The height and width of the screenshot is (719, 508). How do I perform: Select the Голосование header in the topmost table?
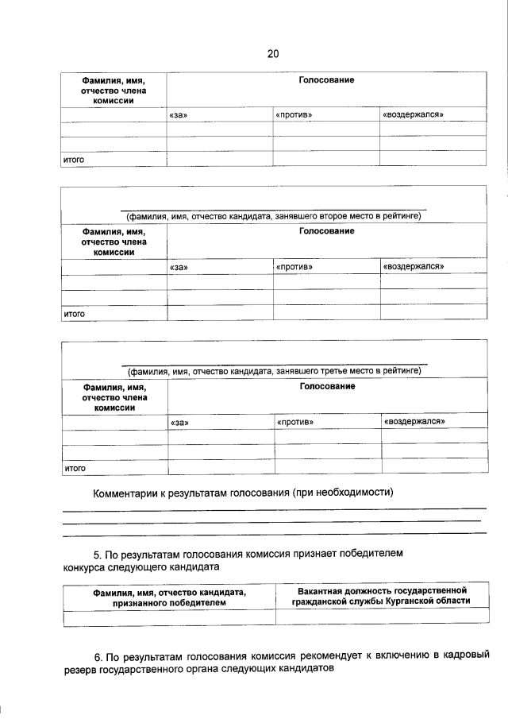[x=326, y=80]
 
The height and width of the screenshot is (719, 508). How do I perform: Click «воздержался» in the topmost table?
[x=412, y=115]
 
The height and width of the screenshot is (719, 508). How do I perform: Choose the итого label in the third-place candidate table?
[x=75, y=468]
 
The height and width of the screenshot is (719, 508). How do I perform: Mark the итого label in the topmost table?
[x=74, y=160]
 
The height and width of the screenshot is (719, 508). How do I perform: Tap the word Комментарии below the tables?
[x=126, y=493]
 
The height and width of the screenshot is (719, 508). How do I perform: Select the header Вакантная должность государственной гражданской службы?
[x=382, y=596]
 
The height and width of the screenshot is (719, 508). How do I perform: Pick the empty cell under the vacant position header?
[x=382, y=617]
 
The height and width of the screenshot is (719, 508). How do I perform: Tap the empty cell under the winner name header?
[x=169, y=617]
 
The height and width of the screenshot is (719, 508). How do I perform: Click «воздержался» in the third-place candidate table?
[x=414, y=421]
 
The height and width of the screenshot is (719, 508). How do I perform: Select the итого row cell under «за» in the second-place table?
[x=219, y=313]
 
